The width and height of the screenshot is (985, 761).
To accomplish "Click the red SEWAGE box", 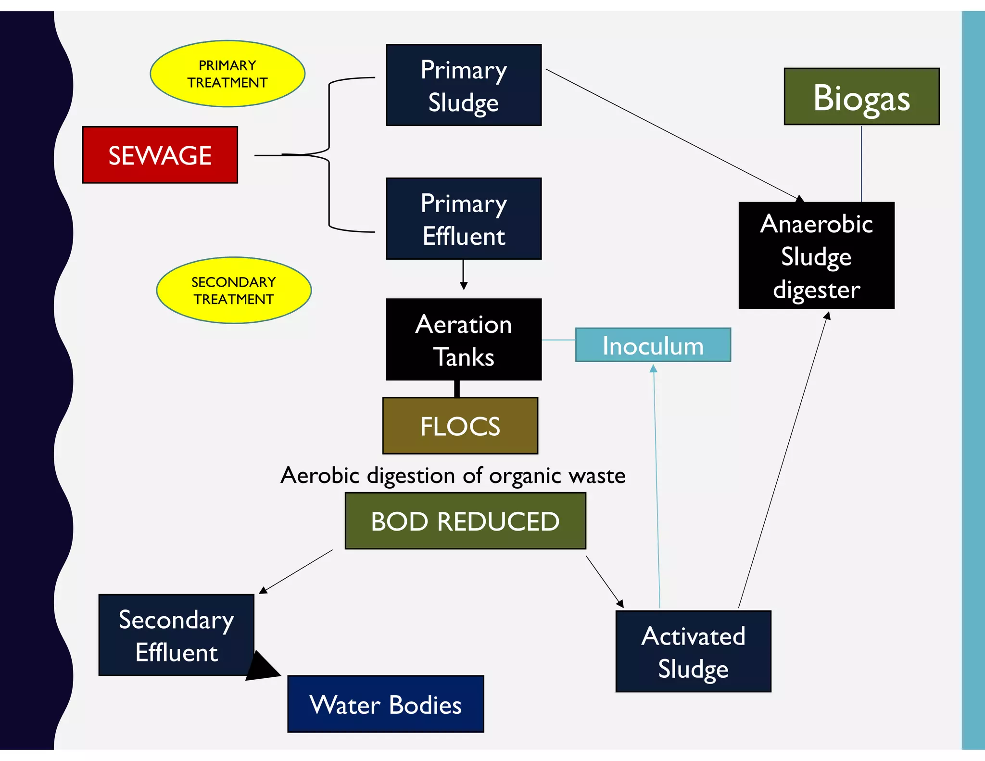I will tap(160, 155).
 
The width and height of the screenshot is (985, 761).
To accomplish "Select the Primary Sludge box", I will tap(464, 85).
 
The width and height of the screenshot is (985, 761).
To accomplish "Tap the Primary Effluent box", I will tap(464, 219).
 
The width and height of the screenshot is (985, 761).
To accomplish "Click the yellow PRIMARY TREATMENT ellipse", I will tap(227, 74).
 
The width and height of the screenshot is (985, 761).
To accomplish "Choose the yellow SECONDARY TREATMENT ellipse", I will tap(234, 290).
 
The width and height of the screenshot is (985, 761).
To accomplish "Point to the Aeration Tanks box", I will tap(464, 340).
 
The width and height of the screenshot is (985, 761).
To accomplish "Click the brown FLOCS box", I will tap(460, 426).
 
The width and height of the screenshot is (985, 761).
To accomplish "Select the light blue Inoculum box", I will tap(653, 345).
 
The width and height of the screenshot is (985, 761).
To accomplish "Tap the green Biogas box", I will tap(861, 97).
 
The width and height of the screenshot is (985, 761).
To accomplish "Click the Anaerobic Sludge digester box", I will tap(816, 255).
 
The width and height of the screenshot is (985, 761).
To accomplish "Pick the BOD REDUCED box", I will tap(465, 521).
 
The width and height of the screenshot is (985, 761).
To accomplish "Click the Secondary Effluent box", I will tap(176, 635).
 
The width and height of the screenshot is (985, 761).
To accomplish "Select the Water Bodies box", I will tap(385, 704).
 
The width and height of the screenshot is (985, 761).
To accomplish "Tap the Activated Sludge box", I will tap(693, 651).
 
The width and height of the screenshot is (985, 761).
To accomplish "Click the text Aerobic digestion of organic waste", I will tap(453, 475).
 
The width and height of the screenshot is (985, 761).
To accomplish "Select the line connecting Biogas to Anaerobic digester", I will tap(861, 164).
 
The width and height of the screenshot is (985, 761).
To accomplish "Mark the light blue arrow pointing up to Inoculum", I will tap(657, 486).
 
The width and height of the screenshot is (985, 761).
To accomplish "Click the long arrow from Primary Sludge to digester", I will tap(673, 134).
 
